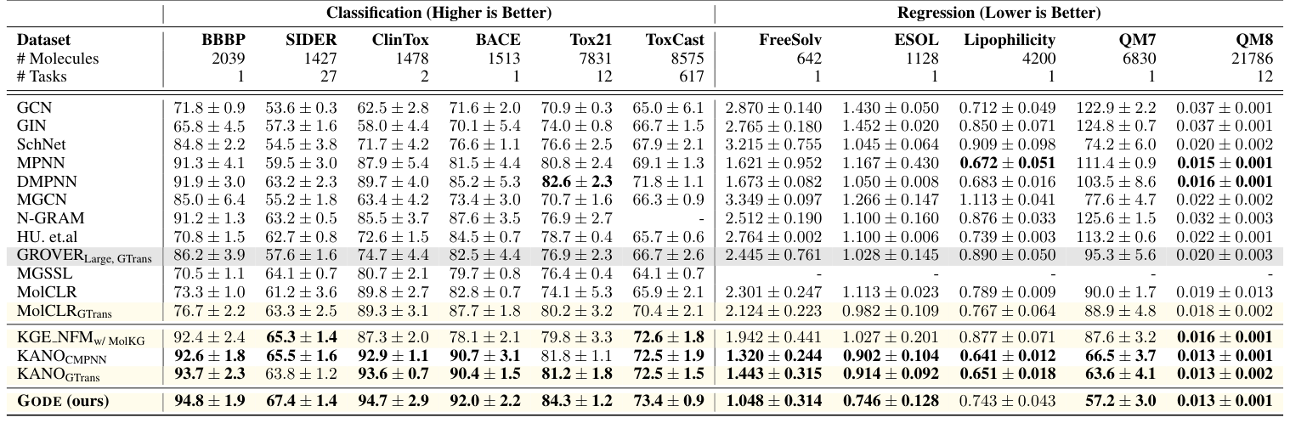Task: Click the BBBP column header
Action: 223,40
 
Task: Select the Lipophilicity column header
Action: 1009,40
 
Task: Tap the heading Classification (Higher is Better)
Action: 438,13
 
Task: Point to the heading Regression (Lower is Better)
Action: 999,13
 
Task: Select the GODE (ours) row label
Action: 63,400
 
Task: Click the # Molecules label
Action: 58,59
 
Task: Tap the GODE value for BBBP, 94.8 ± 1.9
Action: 209,400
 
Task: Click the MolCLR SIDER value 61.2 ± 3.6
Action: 301,291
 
